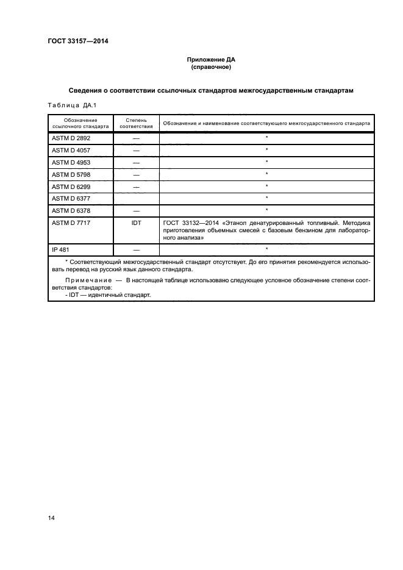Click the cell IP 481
pyautogui.click(x=61, y=249)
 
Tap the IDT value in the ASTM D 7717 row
pyautogui.click(x=136, y=223)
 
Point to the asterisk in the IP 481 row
pyautogui.click(x=266, y=249)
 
